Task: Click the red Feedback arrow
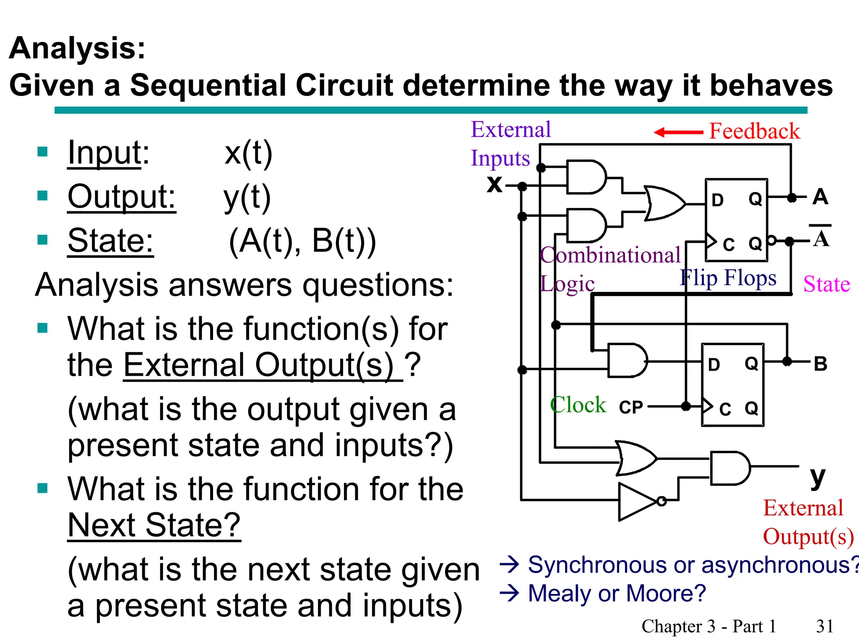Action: click(678, 132)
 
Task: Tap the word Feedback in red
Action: click(754, 131)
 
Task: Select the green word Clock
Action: click(578, 405)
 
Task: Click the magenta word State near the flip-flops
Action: click(826, 284)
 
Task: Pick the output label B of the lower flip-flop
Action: click(820, 364)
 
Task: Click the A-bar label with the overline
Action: click(821, 238)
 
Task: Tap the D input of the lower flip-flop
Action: click(713, 365)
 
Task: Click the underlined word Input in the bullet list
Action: click(105, 153)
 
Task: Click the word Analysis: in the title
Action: click(77, 48)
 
